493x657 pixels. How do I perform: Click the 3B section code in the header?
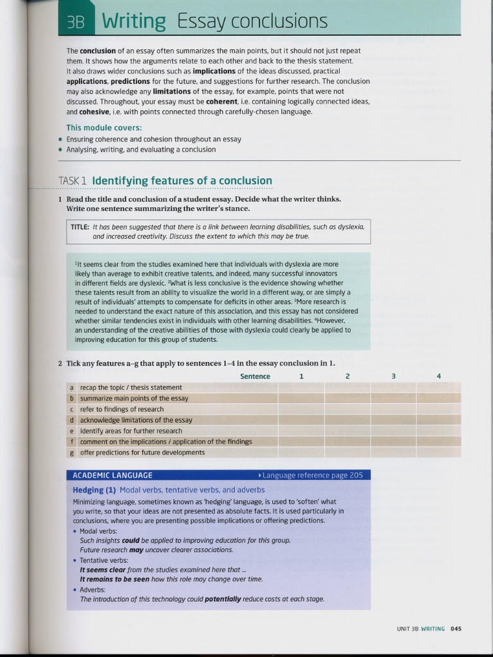point(76,22)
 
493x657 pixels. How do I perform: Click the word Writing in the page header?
point(134,21)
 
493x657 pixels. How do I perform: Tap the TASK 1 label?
point(73,181)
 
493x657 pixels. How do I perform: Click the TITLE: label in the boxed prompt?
point(80,226)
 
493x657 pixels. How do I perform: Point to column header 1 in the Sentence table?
point(301,376)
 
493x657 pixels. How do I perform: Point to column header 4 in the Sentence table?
point(438,376)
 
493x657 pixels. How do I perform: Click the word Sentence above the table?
point(255,376)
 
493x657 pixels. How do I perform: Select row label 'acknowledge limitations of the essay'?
point(136,420)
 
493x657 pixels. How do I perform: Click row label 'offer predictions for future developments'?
point(143,452)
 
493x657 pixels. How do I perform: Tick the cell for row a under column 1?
point(301,388)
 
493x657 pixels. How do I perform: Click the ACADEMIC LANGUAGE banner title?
point(112,475)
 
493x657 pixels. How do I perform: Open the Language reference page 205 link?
point(312,475)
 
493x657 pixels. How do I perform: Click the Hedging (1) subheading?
point(94,490)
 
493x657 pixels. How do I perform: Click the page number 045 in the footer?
point(456,629)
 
